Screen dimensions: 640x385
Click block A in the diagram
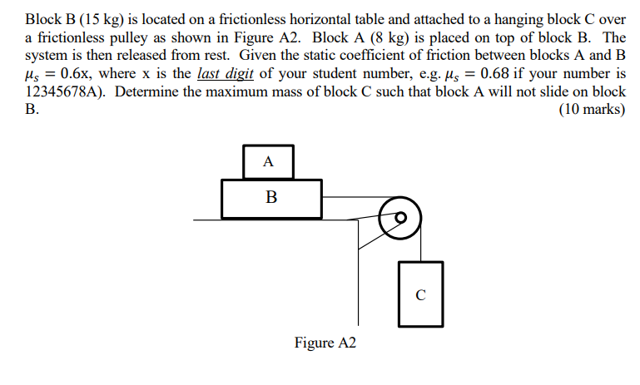click(268, 162)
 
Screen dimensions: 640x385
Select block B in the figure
click(271, 199)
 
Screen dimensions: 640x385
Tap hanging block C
click(421, 294)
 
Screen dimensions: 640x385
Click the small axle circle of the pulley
click(401, 217)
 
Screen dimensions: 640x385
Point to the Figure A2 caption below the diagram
click(325, 343)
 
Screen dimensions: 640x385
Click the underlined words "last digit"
click(226, 73)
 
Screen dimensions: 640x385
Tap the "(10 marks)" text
click(592, 109)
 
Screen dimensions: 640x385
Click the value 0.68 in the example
click(494, 73)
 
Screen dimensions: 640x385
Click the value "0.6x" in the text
click(75, 73)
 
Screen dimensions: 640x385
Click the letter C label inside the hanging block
click(420, 295)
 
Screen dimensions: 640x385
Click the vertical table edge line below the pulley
click(359, 273)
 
